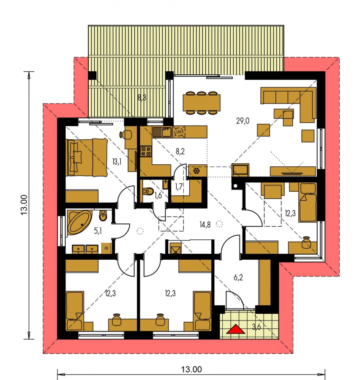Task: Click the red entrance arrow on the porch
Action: click(x=235, y=329)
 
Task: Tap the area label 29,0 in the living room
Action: click(x=243, y=121)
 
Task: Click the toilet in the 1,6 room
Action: click(x=148, y=191)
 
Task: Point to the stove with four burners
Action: click(x=146, y=151)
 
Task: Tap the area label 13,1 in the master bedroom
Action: click(x=117, y=161)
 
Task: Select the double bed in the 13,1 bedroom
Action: click(x=87, y=157)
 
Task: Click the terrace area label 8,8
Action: click(x=142, y=98)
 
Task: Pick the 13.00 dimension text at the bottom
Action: click(x=191, y=369)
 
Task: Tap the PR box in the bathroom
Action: click(x=106, y=248)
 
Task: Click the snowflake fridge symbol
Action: click(x=196, y=171)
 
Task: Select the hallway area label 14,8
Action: click(x=205, y=225)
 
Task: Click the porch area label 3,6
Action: click(x=256, y=327)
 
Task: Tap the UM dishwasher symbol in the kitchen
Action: click(x=179, y=132)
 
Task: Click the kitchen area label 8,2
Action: click(x=180, y=152)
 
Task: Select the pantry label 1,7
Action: click(x=179, y=187)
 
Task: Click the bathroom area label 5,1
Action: click(x=98, y=231)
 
